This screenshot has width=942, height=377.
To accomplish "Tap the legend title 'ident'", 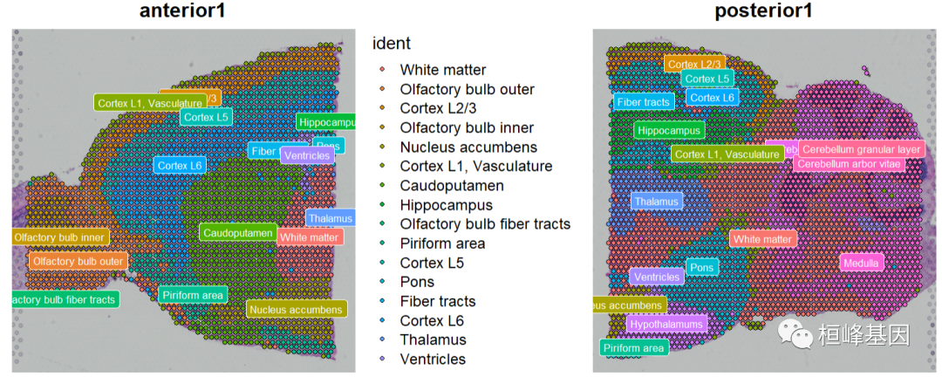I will (391, 43).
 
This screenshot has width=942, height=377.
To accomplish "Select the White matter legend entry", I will (442, 70).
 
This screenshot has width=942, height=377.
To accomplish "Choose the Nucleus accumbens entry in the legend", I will (468, 147).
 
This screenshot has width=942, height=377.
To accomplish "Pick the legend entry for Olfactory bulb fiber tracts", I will (485, 224).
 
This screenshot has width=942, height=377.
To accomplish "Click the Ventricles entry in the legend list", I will (433, 359).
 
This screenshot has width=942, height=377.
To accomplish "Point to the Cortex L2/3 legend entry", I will (438, 108).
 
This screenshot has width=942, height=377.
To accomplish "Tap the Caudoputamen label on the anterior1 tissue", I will (238, 233).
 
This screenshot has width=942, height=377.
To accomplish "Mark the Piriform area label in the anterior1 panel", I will (193, 295).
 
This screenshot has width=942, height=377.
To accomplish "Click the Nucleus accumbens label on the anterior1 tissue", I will (296, 309).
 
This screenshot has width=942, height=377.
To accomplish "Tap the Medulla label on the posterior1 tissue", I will (862, 263).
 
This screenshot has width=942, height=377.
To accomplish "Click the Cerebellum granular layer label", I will (861, 149).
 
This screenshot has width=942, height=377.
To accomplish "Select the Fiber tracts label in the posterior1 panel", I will (644, 102).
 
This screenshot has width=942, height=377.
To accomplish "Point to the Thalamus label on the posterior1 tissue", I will (656, 202).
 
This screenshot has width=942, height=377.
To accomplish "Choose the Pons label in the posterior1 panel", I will (701, 267).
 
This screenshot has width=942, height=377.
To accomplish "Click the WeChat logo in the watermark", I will (794, 332).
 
